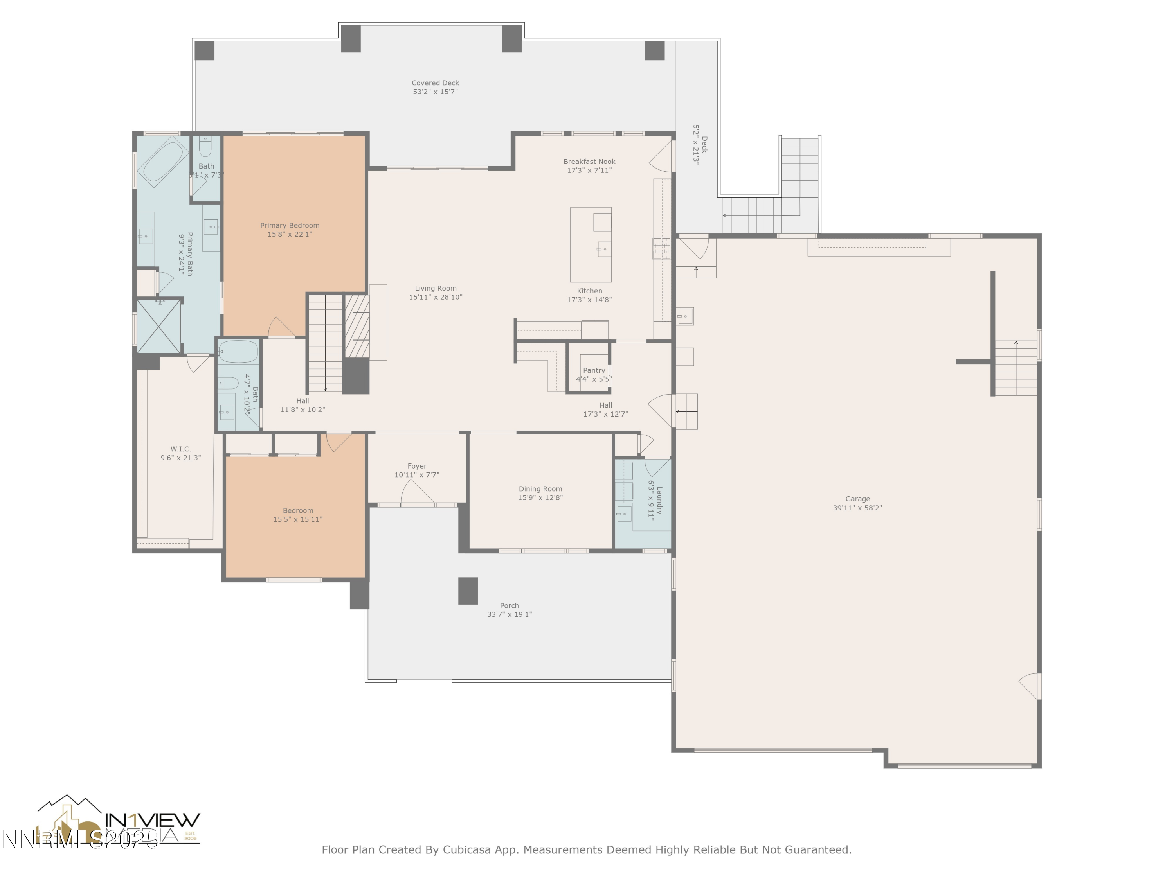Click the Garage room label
[x=857, y=499]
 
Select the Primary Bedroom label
[x=290, y=225]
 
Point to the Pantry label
[x=594, y=370]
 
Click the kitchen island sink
[x=604, y=248]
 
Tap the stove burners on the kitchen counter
[x=661, y=248]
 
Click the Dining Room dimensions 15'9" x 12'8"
[x=540, y=497]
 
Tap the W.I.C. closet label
[x=180, y=449]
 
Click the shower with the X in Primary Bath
[x=159, y=326]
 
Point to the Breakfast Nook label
[x=589, y=161]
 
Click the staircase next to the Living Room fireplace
[x=325, y=342]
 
